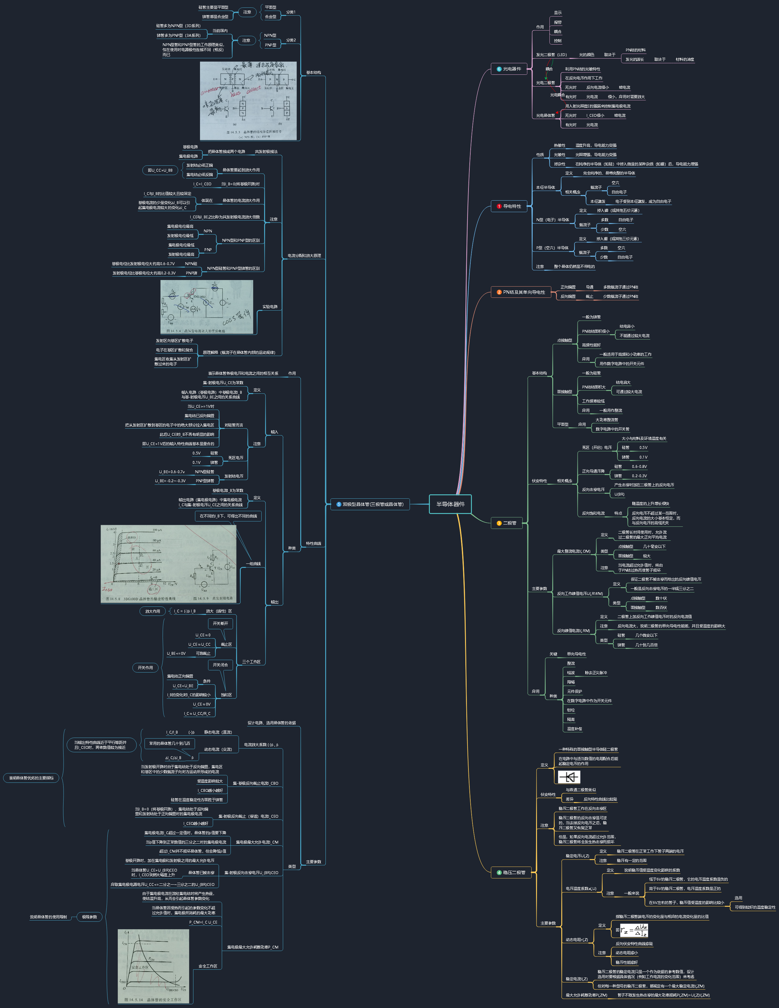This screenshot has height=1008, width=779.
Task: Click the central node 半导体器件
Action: (x=450, y=504)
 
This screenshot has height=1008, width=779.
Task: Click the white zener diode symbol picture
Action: (x=568, y=777)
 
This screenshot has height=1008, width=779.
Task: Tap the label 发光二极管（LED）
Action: (x=551, y=55)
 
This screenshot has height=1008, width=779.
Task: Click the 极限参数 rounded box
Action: (x=89, y=917)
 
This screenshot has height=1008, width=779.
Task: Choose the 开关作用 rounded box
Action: (x=145, y=668)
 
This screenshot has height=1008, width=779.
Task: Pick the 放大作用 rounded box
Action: (x=153, y=611)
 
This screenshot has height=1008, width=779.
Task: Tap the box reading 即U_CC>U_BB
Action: (x=160, y=170)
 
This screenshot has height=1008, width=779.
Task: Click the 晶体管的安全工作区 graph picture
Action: (x=153, y=966)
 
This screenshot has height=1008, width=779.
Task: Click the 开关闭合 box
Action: (x=220, y=665)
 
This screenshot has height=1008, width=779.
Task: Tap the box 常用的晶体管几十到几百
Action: (x=169, y=743)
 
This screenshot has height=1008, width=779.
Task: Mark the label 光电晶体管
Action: (x=545, y=115)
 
